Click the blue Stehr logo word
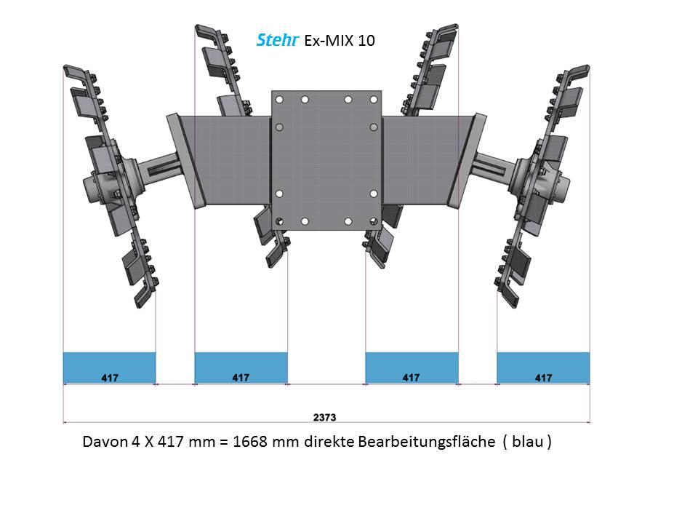pos(277,40)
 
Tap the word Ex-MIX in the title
pos(329,41)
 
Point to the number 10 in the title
pos(366,41)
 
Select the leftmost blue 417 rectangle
pos(110,368)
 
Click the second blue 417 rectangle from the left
pos(241,368)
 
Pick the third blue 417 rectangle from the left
pos(412,368)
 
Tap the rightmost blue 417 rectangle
pos(543,368)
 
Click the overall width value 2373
pos(324,417)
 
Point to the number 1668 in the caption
pos(250,442)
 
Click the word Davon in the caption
pos(105,442)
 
